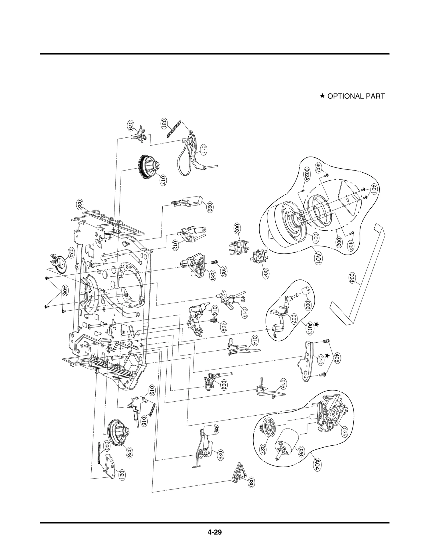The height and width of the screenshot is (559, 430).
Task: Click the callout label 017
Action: tap(162, 180)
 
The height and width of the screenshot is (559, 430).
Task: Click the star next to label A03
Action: tap(316, 325)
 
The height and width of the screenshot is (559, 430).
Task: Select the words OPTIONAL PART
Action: tap(356, 96)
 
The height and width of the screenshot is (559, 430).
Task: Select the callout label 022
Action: tap(210, 207)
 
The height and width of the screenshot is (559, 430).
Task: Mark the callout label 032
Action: tap(80, 205)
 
